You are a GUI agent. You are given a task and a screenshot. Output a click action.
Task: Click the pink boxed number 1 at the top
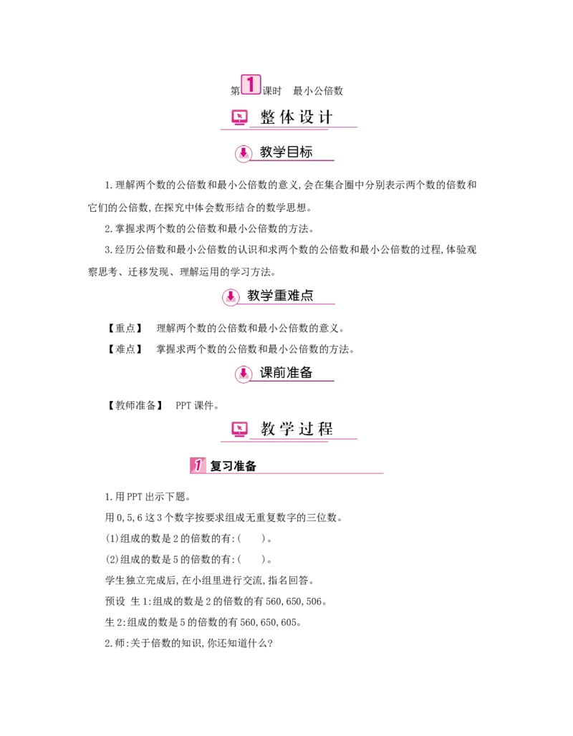pos(250,84)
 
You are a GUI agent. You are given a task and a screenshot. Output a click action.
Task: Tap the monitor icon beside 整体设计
pos(239,117)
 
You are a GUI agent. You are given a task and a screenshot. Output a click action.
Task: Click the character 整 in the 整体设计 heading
pos(268,117)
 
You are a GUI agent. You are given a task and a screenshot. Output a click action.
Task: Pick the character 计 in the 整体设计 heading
pos(326,117)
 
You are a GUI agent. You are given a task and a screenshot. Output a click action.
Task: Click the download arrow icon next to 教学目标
pos(244,152)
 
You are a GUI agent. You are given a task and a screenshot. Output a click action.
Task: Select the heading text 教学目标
pos(286,152)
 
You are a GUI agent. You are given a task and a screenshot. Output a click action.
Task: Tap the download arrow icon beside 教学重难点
pos(231,296)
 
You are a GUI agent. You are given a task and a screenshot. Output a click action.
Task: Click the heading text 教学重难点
pos(280,295)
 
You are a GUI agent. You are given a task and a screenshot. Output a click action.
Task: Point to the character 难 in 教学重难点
pos(294,295)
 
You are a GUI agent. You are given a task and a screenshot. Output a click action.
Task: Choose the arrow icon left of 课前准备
pos(244,373)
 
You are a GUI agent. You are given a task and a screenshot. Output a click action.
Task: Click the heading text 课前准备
pos(286,372)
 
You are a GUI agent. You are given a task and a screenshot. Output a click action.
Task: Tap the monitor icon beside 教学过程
pos(239,429)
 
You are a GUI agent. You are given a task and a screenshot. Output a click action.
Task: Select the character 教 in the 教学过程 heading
pos(268,429)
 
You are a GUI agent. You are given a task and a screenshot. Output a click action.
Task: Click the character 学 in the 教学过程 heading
pos(287,429)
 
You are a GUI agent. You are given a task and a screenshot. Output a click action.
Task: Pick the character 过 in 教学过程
pos(307,429)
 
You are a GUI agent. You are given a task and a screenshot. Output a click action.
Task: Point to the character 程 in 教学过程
pos(326,429)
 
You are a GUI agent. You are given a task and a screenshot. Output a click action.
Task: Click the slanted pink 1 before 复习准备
pos(198,465)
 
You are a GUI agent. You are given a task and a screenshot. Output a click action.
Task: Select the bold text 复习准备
pos(233,466)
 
